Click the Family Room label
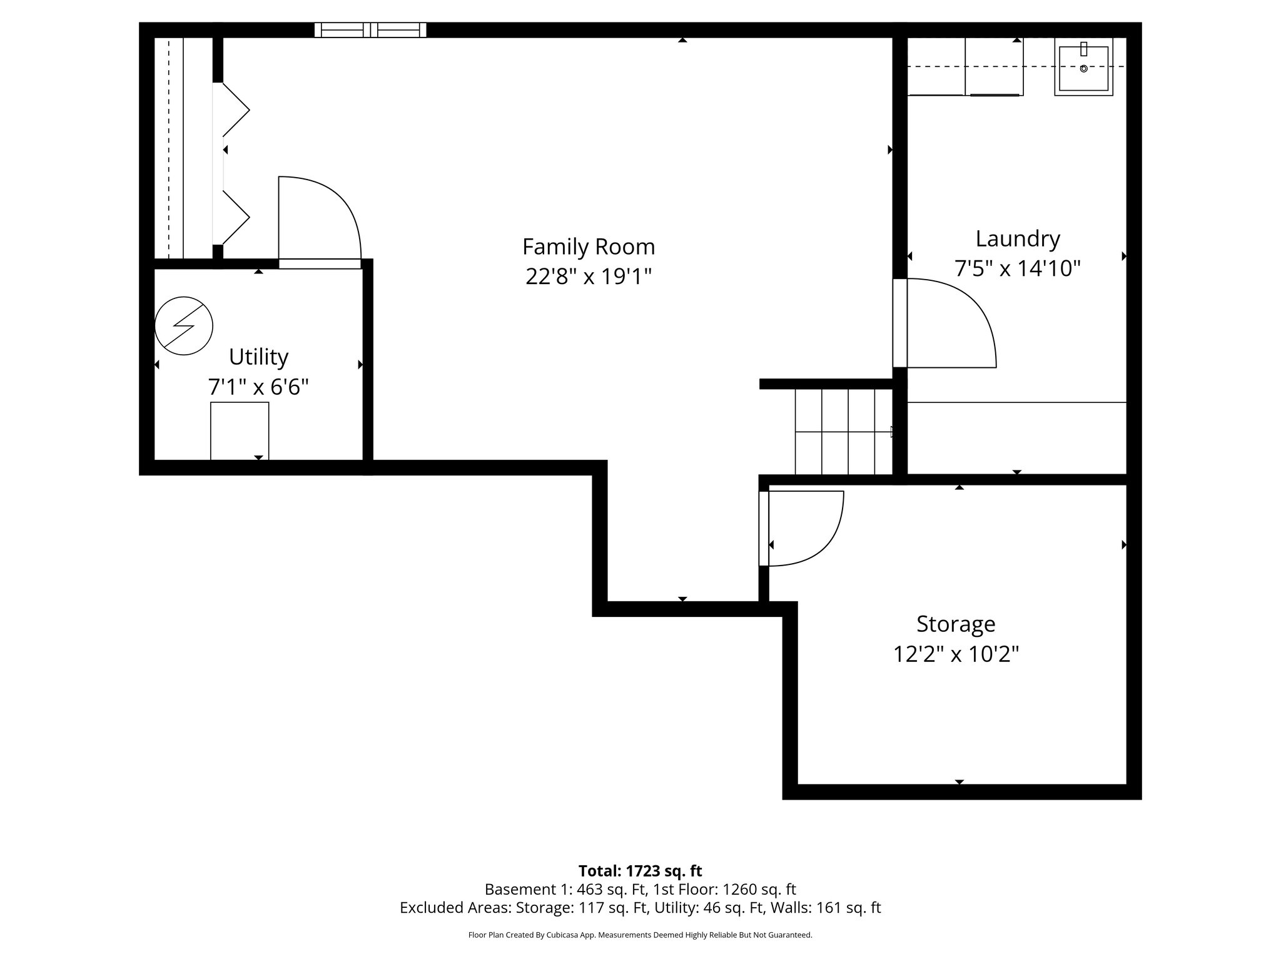coord(589,247)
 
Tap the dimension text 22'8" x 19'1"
coord(589,276)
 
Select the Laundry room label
coord(1018,239)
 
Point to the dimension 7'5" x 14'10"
coord(1018,268)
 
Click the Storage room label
coord(955,624)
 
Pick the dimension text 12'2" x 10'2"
coord(955,654)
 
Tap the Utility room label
coord(258,357)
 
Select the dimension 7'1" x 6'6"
coord(258,387)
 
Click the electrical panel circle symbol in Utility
coord(184,325)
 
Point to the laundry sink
coord(1083,66)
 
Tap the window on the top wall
coord(370,30)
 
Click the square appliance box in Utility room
coord(240,430)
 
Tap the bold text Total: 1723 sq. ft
coord(640,870)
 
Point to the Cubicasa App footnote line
coord(640,935)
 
